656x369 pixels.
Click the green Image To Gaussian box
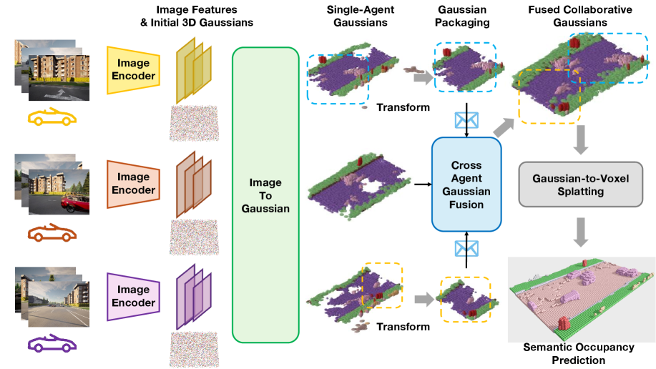tap(265, 195)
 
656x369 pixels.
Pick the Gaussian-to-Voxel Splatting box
tap(580, 184)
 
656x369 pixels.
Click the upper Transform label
tap(403, 108)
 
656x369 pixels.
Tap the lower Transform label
tap(403, 327)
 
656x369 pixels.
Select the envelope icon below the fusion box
tap(466, 248)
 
